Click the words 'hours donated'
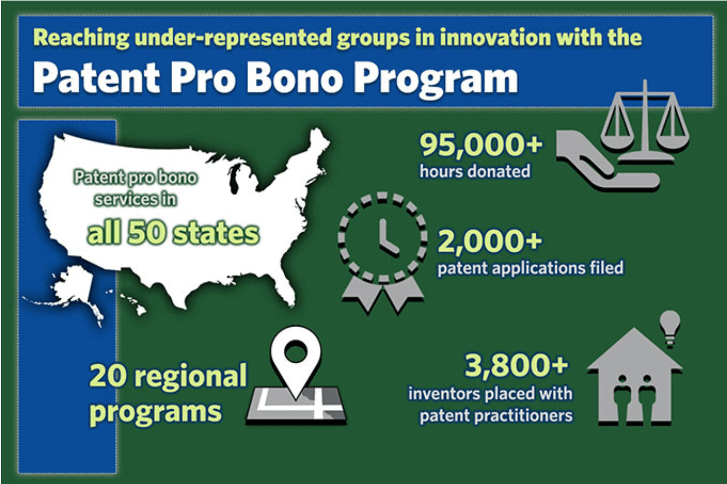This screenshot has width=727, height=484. coord(474,172)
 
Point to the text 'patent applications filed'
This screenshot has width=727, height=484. coord(530,268)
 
